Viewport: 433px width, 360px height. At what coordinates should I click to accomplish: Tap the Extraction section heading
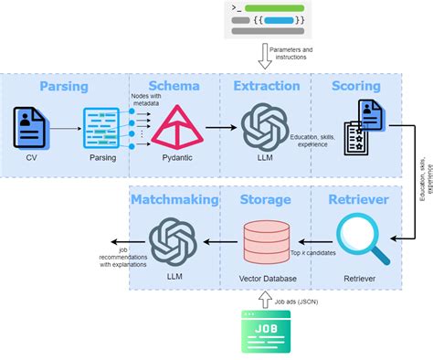tap(266, 86)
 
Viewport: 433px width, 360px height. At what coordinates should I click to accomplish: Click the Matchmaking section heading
tap(174, 199)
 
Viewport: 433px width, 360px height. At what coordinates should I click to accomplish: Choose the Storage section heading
tap(266, 199)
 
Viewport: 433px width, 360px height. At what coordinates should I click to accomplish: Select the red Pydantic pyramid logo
tap(175, 127)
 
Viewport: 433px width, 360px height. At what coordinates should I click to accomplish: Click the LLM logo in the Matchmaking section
tap(174, 240)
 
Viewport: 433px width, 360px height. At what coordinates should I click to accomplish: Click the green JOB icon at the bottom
tap(265, 331)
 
